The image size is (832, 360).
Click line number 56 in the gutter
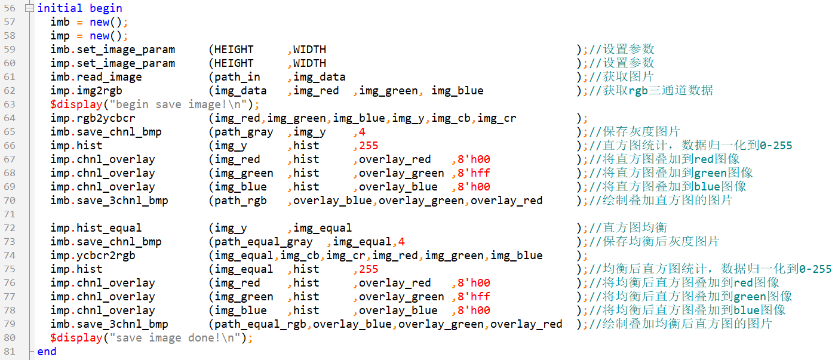(x=10, y=8)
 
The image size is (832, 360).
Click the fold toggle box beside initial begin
(x=29, y=8)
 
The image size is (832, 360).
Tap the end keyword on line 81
(x=47, y=352)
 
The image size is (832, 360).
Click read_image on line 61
(x=109, y=77)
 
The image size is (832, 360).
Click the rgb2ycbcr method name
(x=106, y=118)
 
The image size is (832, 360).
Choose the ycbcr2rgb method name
(x=106, y=256)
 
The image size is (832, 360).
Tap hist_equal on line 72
(x=109, y=228)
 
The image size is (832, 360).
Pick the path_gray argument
(x=244, y=132)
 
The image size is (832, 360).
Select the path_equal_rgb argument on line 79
(x=260, y=324)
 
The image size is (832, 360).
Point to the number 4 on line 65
(x=362, y=132)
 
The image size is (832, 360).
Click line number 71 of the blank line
(x=10, y=214)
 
